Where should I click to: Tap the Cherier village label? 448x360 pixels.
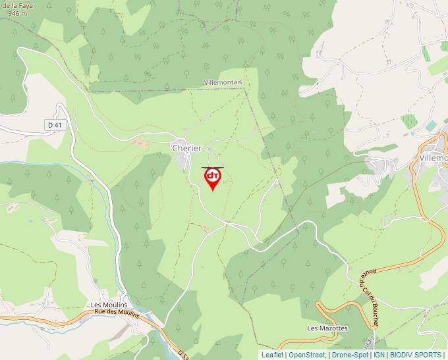tap(186, 149)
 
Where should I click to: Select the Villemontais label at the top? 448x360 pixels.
tap(223, 82)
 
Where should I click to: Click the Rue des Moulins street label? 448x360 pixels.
tap(117, 313)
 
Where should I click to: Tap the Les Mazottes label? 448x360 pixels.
tap(327, 328)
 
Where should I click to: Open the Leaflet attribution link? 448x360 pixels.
tap(272, 355)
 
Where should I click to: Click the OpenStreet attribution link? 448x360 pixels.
tap(307, 355)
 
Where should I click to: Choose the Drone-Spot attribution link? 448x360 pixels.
tap(350, 355)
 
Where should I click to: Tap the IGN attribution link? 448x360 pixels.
tap(379, 355)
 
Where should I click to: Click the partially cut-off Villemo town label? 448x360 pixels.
tap(433, 158)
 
